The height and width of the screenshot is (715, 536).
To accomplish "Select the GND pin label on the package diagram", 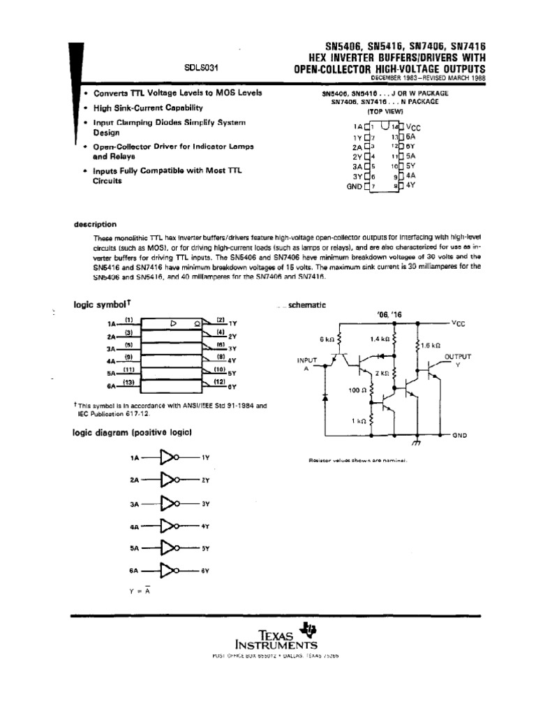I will pyautogui.click(x=354, y=186).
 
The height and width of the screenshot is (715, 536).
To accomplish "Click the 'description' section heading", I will pyautogui.click(x=95, y=225).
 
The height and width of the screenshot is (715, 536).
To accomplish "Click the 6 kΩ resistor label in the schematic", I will pyautogui.click(x=327, y=339).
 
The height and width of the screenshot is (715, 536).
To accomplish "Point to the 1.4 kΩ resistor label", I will pyautogui.click(x=379, y=339).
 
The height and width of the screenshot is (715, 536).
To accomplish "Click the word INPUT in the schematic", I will pyautogui.click(x=306, y=361).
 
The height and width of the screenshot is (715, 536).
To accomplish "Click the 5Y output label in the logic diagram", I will pyautogui.click(x=205, y=548).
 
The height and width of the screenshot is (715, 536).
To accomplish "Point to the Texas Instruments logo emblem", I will pyautogui.click(x=301, y=629).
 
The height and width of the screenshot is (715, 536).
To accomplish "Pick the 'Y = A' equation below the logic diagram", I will pyautogui.click(x=140, y=591).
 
